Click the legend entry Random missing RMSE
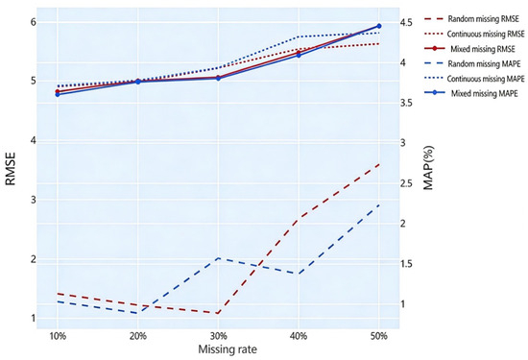(x=483, y=19)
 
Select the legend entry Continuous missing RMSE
(x=486, y=34)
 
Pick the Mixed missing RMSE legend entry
(x=483, y=49)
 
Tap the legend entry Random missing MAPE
(x=484, y=63)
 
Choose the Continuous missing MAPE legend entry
(x=486, y=79)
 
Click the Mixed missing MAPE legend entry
(x=484, y=93)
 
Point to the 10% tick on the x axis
(x=58, y=336)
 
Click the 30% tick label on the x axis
(x=218, y=336)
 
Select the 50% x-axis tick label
(x=379, y=336)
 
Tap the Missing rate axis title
(x=228, y=349)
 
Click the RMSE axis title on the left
(x=11, y=169)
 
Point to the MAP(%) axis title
(x=428, y=167)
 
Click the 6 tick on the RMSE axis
(x=34, y=22)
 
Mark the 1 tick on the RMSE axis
(x=34, y=318)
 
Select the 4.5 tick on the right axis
(x=406, y=23)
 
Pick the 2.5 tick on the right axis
(x=406, y=183)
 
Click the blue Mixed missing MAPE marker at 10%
(x=58, y=95)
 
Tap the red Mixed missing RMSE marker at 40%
(x=299, y=53)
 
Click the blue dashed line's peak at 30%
(x=218, y=258)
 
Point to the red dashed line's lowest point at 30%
(x=218, y=313)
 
